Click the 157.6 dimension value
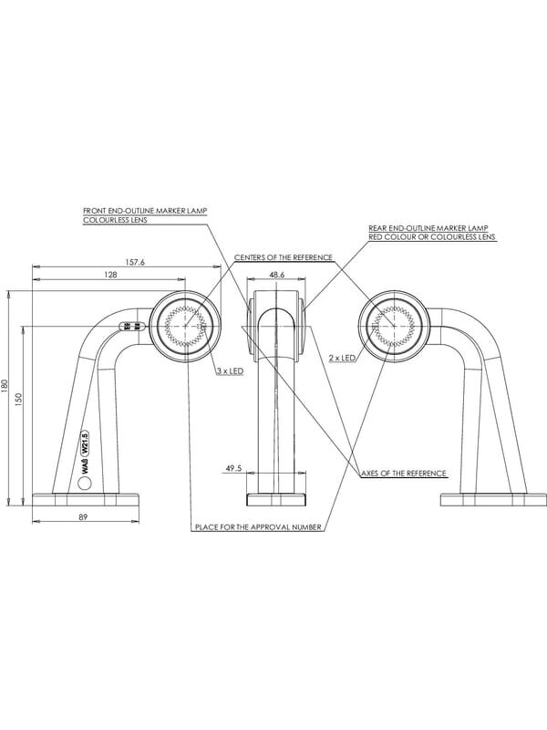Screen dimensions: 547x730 [x=135, y=262]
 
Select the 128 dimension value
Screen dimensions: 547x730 [x=110, y=275]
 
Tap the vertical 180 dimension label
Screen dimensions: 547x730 [x=5, y=386]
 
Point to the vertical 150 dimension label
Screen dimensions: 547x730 [x=18, y=399]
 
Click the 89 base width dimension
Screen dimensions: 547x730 [x=83, y=516]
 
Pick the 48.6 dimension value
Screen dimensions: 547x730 [x=277, y=275]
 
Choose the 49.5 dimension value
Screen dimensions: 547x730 [x=234, y=468]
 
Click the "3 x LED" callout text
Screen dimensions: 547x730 [x=230, y=371]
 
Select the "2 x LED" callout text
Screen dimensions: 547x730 [x=342, y=358]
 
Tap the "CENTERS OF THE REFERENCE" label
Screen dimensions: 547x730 [x=284, y=257]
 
